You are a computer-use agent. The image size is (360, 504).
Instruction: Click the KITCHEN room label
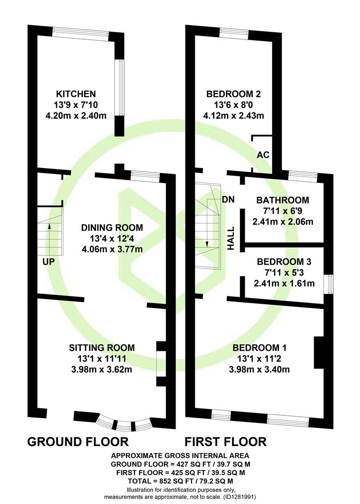[76, 94]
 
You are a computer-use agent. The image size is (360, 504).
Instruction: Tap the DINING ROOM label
[112, 228]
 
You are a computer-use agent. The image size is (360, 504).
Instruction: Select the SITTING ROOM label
[102, 348]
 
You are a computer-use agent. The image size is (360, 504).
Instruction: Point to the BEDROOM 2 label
[233, 94]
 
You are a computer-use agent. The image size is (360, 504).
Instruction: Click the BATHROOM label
[282, 200]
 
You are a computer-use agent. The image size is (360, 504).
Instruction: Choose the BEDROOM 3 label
[284, 262]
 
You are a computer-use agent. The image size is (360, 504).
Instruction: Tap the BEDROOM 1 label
[259, 348]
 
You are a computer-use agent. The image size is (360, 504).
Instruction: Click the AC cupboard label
[263, 154]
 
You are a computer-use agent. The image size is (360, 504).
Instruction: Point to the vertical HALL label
[231, 238]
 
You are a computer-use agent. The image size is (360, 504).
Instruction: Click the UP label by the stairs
[49, 262]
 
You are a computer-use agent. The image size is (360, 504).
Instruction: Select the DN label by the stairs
[228, 199]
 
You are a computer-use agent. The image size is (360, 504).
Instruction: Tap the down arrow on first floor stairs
[207, 230]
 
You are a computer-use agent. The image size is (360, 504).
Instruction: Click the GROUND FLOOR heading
[78, 441]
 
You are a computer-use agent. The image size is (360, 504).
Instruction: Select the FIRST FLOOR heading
[226, 441]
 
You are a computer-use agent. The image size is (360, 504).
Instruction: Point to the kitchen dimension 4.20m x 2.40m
[76, 115]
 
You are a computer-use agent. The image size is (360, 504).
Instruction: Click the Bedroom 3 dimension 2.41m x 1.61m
[284, 283]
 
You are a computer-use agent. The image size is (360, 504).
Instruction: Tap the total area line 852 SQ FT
[181, 481]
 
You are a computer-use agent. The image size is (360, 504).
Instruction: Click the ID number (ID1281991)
[239, 497]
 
